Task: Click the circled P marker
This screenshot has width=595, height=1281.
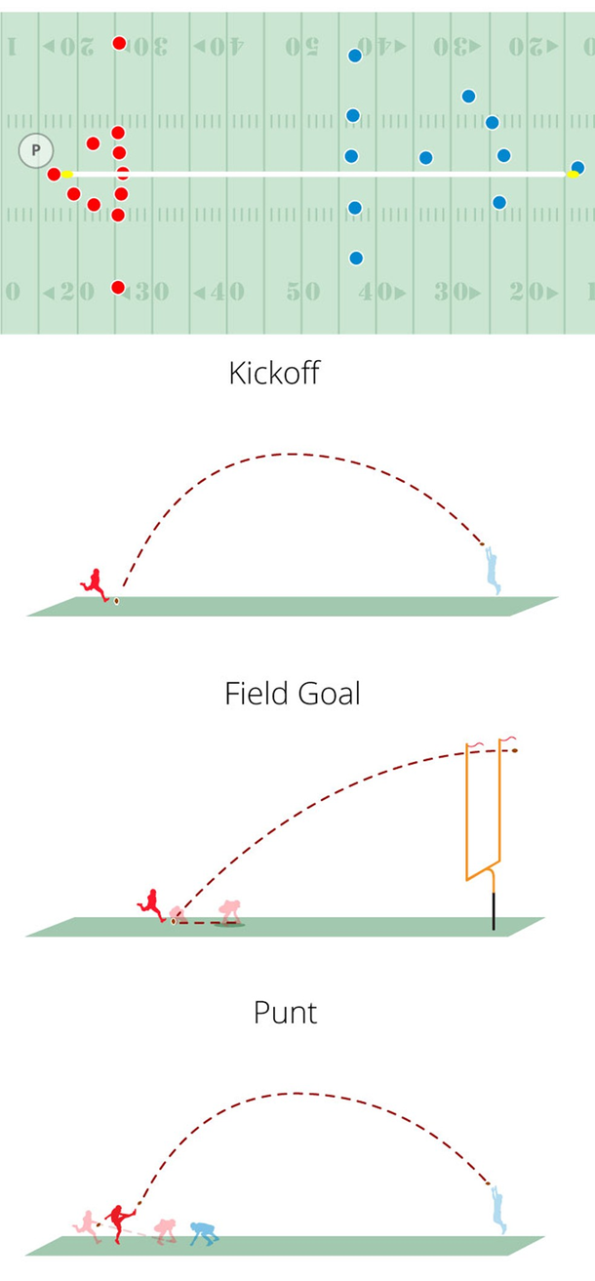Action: pyautogui.click(x=35, y=150)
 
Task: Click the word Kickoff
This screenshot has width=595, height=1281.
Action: pyautogui.click(x=273, y=373)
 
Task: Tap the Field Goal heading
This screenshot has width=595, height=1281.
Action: pyautogui.click(x=293, y=694)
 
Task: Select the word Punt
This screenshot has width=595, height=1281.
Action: pyautogui.click(x=285, y=1013)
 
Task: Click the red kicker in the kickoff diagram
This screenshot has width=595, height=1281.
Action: pyautogui.click(x=95, y=583)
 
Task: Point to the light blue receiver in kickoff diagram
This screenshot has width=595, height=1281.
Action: pyautogui.click(x=494, y=570)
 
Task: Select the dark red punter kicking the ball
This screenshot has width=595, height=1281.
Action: pyautogui.click(x=120, y=1223)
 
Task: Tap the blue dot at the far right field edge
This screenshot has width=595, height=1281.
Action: pyautogui.click(x=577, y=168)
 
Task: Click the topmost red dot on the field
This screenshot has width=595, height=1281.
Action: pyautogui.click(x=119, y=43)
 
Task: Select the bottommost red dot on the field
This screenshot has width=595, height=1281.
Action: pyautogui.click(x=118, y=287)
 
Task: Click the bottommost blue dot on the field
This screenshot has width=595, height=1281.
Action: pyautogui.click(x=356, y=259)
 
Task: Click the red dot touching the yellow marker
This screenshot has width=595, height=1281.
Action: pyautogui.click(x=55, y=174)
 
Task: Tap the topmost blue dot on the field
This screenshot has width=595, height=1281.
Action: pyautogui.click(x=355, y=56)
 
